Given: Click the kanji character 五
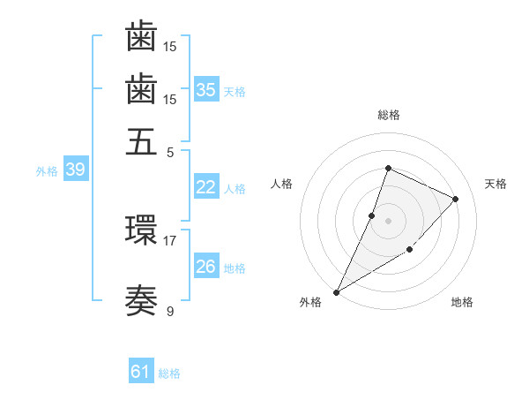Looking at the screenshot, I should tap(141, 142).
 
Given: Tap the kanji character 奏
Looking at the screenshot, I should tap(141, 302).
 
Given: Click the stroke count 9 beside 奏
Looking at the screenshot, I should tap(170, 311).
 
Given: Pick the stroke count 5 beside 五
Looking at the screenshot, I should tap(170, 151).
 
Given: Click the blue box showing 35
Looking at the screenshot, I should tap(206, 90).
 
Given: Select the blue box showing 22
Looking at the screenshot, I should tap(206, 187).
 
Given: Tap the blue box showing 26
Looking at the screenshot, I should tap(206, 267).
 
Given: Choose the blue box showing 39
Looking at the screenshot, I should tap(75, 170).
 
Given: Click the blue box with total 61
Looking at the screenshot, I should tap(141, 372).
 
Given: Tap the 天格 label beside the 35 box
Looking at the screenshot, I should tap(235, 91).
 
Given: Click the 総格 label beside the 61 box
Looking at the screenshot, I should tap(169, 373).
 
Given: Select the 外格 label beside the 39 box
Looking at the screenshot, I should tap(47, 171).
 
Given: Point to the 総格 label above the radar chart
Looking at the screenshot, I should tap(388, 116).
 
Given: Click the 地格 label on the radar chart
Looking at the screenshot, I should tap(462, 303).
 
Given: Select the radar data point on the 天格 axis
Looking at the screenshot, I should tap(455, 199).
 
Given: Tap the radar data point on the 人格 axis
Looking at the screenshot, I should tap(372, 215).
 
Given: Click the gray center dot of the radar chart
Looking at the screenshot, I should tap(388, 220).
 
